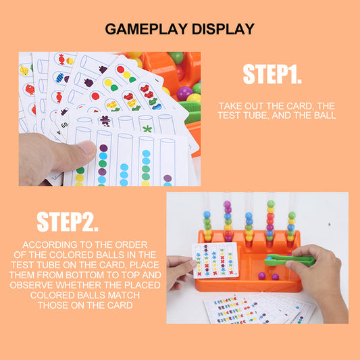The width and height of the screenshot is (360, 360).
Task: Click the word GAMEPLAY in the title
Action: pos(146,29)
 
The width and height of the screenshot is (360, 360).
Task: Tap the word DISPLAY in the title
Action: pos(223,29)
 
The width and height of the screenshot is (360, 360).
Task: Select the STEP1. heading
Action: pos(272,74)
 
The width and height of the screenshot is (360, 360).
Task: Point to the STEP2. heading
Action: pos(68,222)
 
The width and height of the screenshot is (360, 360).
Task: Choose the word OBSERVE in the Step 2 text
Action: pos(32,285)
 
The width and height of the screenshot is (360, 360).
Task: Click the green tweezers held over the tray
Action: pos(290,260)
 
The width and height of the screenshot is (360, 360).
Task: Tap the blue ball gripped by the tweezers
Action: pos(269,258)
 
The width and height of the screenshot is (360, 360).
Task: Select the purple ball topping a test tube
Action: pos(227,204)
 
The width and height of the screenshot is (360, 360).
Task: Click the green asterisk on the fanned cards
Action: pos(147,129)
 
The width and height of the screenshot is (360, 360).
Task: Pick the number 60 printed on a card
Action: pos(65,125)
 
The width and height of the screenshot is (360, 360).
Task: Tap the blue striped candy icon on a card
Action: pos(60,78)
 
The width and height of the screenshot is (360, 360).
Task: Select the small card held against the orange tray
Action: pos(215,260)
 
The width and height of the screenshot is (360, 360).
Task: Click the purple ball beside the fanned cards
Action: pos(184,93)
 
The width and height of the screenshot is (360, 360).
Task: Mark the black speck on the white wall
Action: pos(329,224)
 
